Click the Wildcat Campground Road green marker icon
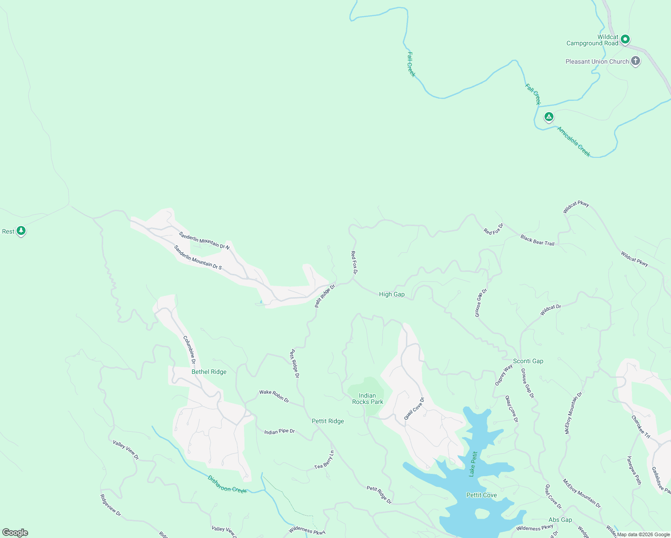click(625, 39)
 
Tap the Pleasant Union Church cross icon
click(635, 61)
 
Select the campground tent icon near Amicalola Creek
click(549, 117)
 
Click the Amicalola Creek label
click(574, 142)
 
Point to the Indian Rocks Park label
click(367, 399)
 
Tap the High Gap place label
click(392, 294)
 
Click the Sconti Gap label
click(528, 361)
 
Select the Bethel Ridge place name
click(209, 372)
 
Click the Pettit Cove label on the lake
click(481, 495)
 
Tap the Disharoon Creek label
click(227, 484)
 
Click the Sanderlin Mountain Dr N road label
click(204, 240)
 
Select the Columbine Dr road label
click(190, 350)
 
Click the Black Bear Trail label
click(537, 240)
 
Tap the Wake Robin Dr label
click(274, 395)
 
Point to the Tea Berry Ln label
click(324, 460)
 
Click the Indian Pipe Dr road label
click(279, 431)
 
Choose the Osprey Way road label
click(504, 375)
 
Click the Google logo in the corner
click(15, 533)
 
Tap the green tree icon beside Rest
click(21, 231)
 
